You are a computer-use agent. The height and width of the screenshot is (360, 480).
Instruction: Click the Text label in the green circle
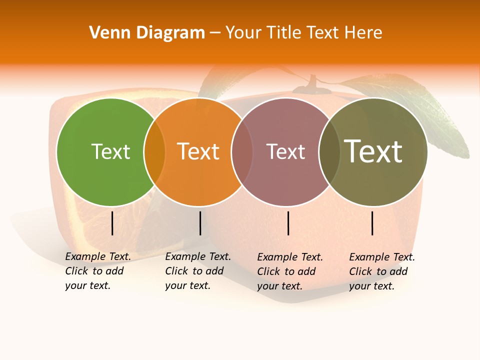[x=110, y=151]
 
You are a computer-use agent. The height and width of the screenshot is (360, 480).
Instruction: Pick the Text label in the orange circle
[x=198, y=151]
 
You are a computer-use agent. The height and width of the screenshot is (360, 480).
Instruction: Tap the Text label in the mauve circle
[x=285, y=151]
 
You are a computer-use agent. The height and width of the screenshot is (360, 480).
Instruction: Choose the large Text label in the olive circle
[x=373, y=151]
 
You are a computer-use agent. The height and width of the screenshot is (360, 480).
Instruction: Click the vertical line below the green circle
[x=112, y=223]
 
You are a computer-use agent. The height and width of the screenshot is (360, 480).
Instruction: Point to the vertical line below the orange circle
[x=200, y=223]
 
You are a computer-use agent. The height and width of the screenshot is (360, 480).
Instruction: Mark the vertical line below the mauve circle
[x=288, y=223]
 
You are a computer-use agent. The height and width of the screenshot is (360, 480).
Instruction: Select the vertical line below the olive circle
[x=372, y=223]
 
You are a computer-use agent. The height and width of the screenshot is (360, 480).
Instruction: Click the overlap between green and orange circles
[x=154, y=152]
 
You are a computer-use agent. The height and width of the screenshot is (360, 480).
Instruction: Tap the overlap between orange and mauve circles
[x=242, y=152]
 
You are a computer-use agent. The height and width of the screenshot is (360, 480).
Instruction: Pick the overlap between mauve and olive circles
[x=329, y=152]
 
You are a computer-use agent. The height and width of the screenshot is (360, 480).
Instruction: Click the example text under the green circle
[x=98, y=271]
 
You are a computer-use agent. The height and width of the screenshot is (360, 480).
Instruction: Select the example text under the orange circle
[x=198, y=271]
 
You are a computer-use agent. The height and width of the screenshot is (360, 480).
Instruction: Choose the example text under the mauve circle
[x=290, y=271]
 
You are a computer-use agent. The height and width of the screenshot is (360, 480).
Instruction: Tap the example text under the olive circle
[x=382, y=271]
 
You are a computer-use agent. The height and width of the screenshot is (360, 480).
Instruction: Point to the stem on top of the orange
[x=313, y=84]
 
